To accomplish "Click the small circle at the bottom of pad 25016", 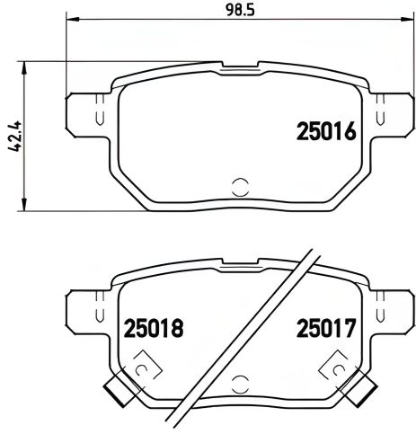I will click(x=239, y=187).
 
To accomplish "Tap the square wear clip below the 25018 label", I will click(x=140, y=369).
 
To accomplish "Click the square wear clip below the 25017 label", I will click(x=338, y=369).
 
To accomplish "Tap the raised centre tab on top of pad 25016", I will click(x=239, y=68).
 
